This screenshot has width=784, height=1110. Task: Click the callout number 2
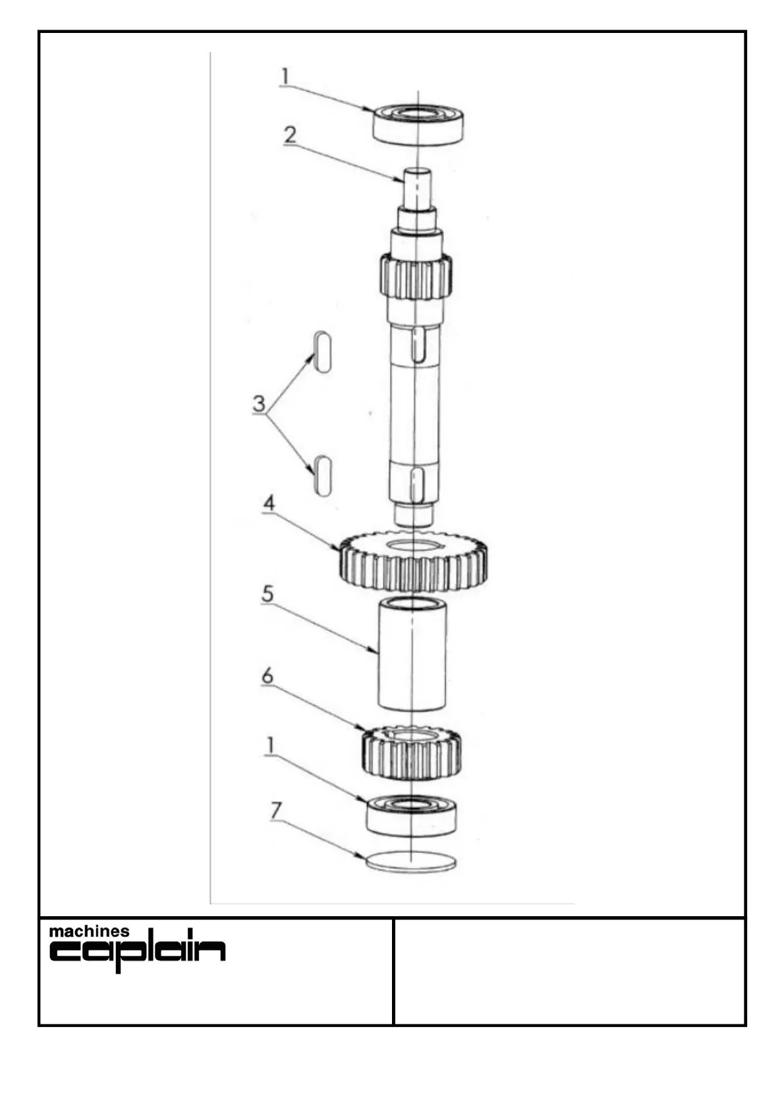coord(290,135)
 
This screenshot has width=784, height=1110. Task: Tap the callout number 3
coord(259,403)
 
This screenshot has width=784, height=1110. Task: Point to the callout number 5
coord(267,593)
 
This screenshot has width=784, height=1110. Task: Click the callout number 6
coord(267,676)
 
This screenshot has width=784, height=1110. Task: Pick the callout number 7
coord(277,810)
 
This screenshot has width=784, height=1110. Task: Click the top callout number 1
coord(285,76)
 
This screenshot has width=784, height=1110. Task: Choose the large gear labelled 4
coord(414,564)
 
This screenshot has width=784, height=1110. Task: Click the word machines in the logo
coord(90,932)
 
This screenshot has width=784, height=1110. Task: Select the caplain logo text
coord(138,952)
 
